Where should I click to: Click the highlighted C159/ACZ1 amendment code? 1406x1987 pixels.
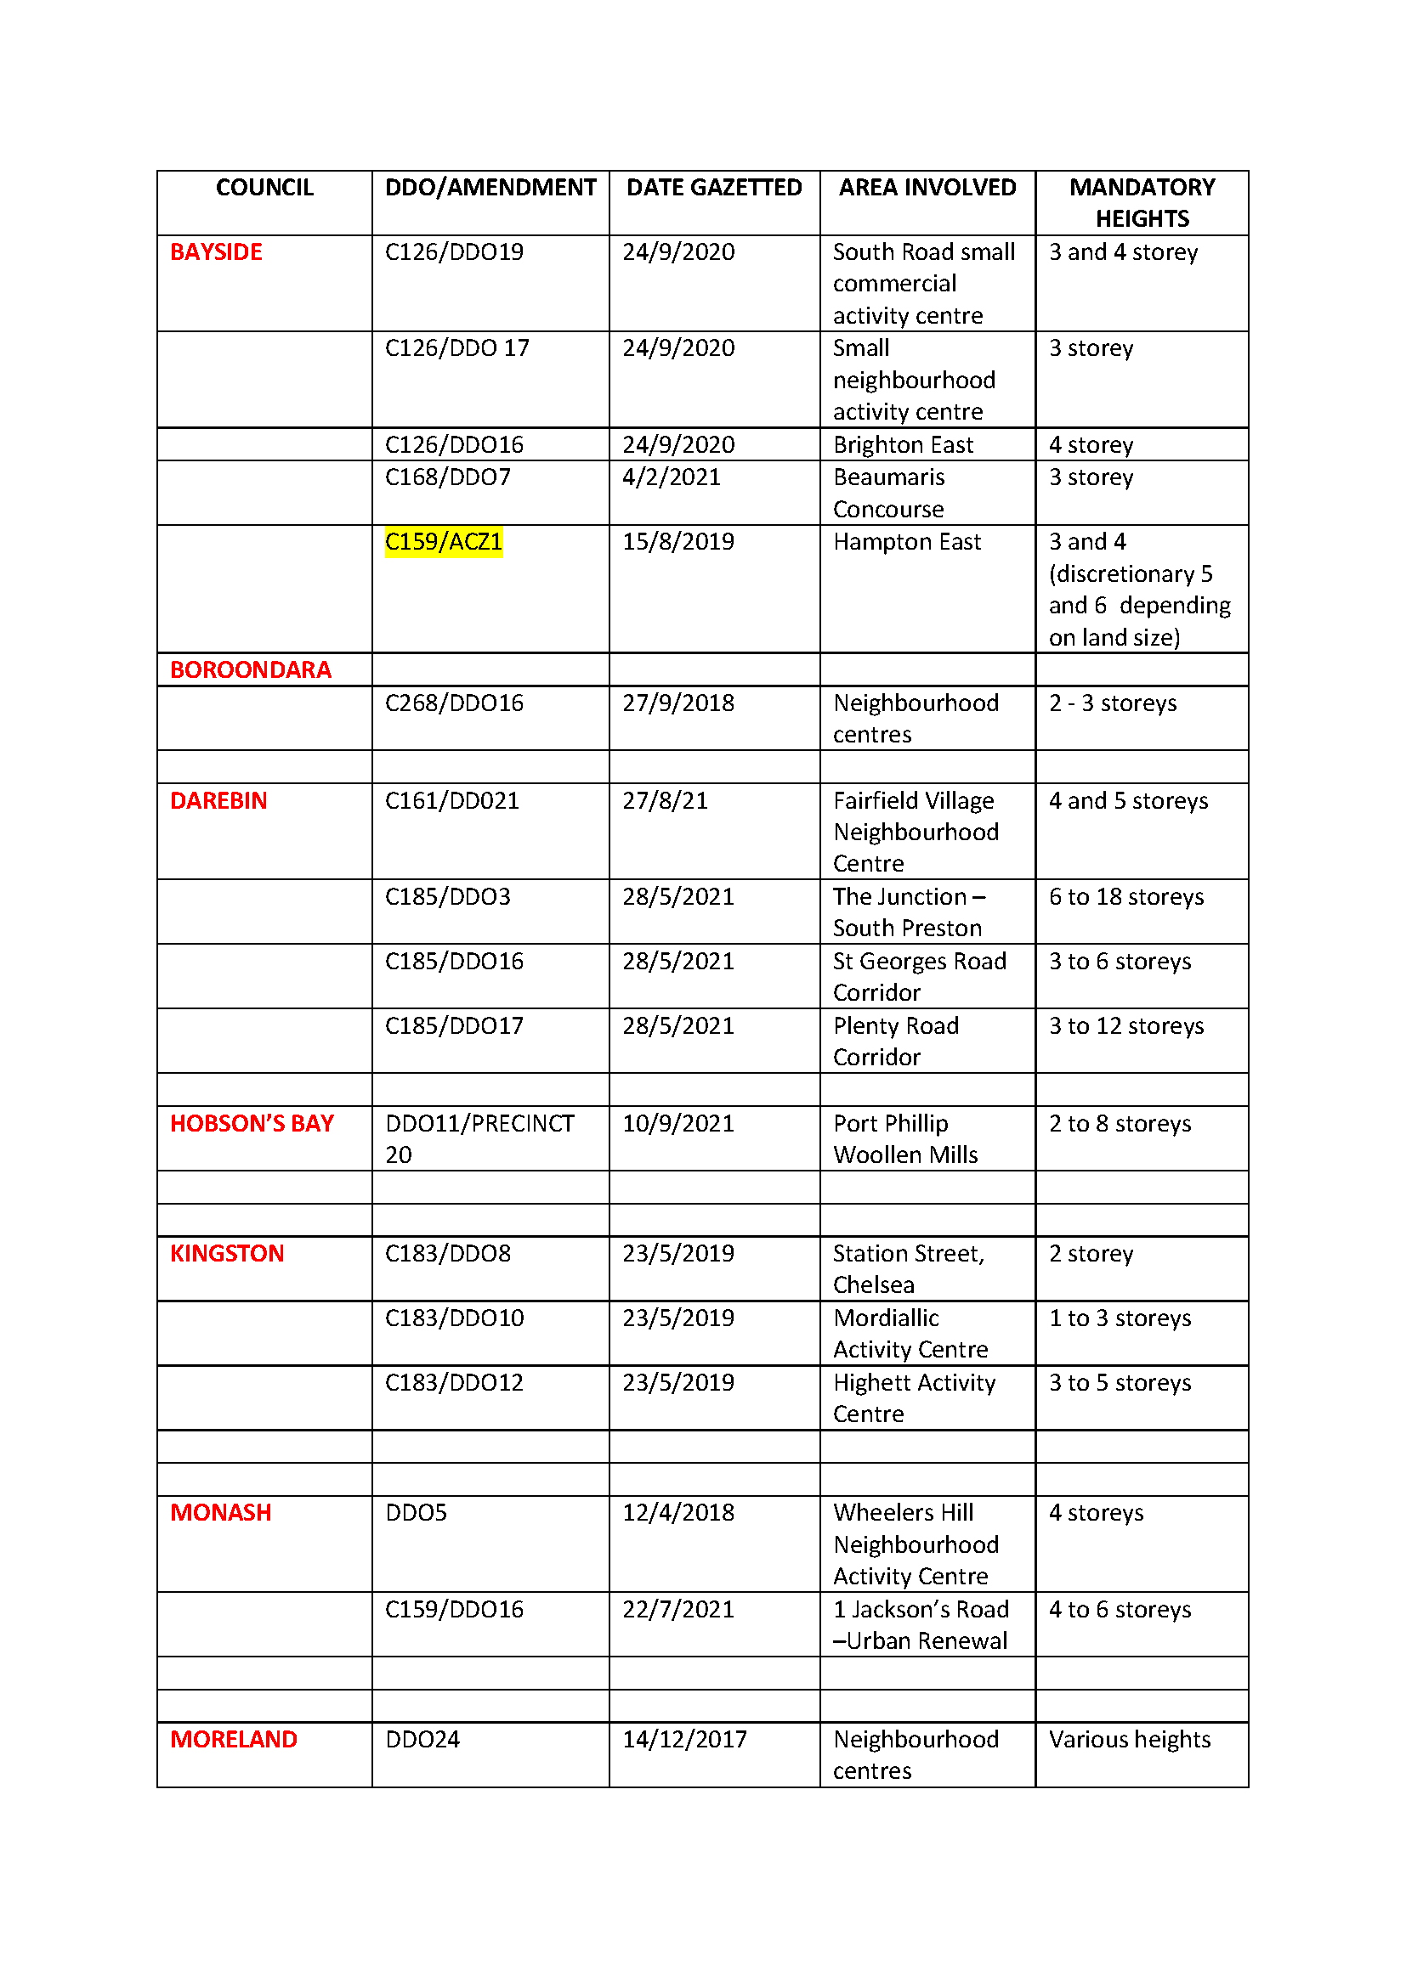click(x=443, y=542)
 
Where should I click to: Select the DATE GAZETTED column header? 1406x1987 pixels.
click(x=713, y=188)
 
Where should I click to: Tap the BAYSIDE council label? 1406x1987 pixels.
click(x=216, y=251)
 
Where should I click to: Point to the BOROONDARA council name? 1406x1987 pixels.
click(x=250, y=669)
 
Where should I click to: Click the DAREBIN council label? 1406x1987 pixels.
click(x=218, y=800)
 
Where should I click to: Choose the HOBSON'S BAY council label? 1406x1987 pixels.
click(x=251, y=1123)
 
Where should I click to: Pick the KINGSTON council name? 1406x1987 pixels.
click(x=227, y=1253)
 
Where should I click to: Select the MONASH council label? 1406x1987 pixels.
click(x=221, y=1512)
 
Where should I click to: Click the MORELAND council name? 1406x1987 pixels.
click(x=233, y=1740)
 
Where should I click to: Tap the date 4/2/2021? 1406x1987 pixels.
click(x=671, y=477)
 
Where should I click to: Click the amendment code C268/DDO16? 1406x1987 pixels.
click(x=454, y=703)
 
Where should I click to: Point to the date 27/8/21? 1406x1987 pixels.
click(x=665, y=800)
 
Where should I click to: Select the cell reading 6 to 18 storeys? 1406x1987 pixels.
click(x=1125, y=896)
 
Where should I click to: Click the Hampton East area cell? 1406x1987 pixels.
click(x=906, y=542)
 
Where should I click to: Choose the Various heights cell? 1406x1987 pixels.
click(x=1129, y=1740)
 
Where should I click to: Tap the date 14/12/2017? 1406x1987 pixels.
click(x=684, y=1740)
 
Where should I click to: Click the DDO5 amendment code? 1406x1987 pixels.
click(x=416, y=1512)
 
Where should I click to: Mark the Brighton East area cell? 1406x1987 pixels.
click(x=903, y=445)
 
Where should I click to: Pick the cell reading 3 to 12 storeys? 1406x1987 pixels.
click(x=1125, y=1025)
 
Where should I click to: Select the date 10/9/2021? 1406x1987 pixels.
click(x=677, y=1123)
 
